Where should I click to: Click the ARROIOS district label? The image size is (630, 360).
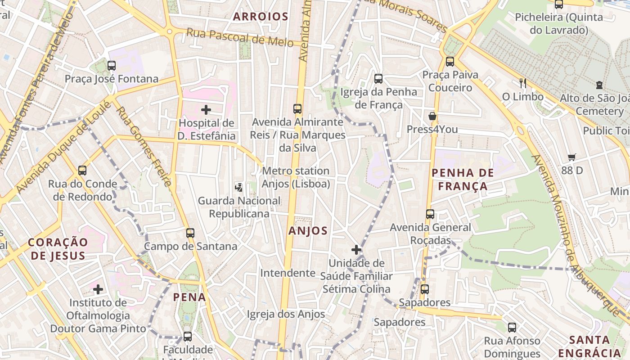coord(261,17)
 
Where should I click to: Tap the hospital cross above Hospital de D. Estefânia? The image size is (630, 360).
coord(206,110)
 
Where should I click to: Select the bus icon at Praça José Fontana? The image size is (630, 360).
coord(112,66)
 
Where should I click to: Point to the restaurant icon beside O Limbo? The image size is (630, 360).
coord(522,83)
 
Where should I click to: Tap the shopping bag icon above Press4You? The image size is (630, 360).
coord(432,116)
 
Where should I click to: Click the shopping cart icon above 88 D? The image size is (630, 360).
coord(572,157)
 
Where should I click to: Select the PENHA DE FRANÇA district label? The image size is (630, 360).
coord(463,179)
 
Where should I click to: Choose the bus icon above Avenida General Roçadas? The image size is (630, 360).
coord(430,214)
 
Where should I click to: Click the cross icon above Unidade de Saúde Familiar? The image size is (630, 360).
coord(356,249)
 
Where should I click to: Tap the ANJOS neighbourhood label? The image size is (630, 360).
coord(308,231)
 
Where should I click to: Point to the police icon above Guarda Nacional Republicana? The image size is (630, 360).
coord(239,187)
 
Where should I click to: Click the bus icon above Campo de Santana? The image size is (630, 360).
coord(190,233)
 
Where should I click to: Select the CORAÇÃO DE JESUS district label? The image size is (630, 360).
coord(58,249)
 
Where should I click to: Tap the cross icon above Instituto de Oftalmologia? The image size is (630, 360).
coord(98,289)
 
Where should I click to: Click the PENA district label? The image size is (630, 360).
coord(189,297)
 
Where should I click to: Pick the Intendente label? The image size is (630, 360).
coord(288,273)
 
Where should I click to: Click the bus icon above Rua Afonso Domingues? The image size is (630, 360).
coord(512,328)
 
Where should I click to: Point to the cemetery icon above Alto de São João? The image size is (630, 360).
coord(599,85)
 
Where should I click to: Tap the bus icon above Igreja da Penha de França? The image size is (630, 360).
coord(378,79)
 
